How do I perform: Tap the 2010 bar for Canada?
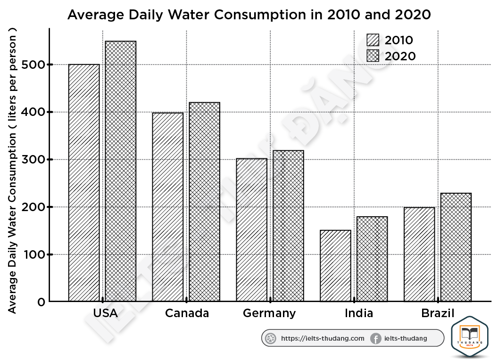point(168,207)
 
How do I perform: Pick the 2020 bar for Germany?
point(288,226)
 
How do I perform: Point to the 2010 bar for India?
point(336,266)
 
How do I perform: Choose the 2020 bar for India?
point(372,259)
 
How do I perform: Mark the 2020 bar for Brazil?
point(456,247)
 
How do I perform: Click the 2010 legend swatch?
point(373,40)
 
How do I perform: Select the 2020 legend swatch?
point(373,56)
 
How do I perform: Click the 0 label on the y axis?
point(41,302)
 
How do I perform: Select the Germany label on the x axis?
point(269,313)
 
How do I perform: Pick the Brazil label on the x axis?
point(438,313)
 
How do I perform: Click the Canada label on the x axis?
point(187,313)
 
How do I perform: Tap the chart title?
point(249,15)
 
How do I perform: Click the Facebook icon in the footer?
point(375,338)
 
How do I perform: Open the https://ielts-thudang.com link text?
point(323,338)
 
